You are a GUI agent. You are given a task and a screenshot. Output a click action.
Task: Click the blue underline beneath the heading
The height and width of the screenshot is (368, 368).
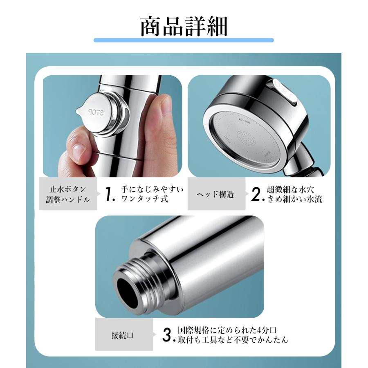click(x=184, y=40)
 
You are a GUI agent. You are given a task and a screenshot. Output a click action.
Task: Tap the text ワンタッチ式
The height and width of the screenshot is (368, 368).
click(x=144, y=200)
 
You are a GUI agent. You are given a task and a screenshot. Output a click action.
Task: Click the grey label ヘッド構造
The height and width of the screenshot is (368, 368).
click(x=216, y=195)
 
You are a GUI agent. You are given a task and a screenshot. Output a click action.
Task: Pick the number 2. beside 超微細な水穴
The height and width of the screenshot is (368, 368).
click(x=256, y=195)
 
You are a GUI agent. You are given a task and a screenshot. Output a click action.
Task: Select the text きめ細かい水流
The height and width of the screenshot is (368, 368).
click(x=294, y=200)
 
